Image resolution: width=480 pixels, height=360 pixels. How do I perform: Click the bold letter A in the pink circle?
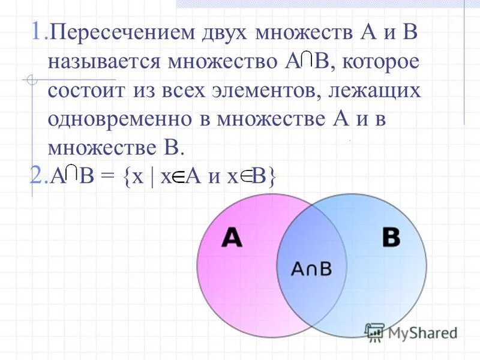coord(231,238)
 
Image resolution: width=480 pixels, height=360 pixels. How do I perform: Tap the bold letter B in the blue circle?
coord(391,238)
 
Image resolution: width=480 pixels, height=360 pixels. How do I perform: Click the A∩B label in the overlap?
coord(311,269)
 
